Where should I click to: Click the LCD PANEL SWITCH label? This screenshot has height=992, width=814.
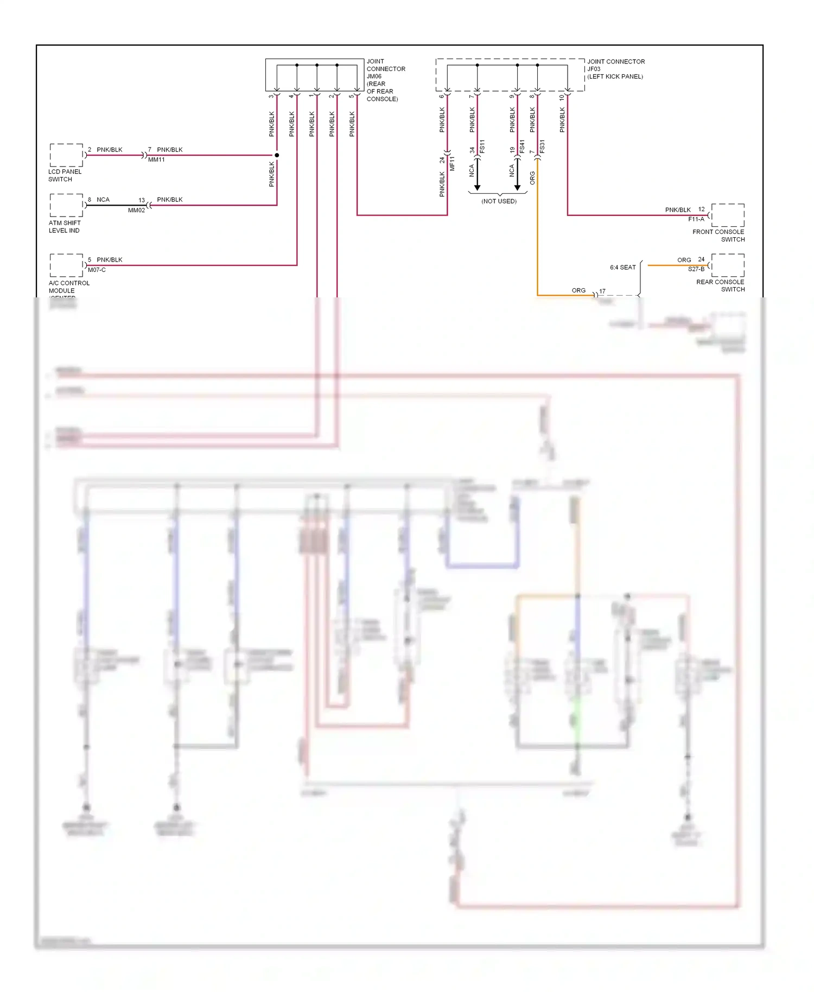pyautogui.click(x=65, y=175)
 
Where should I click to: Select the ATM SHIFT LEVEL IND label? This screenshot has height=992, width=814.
pyautogui.click(x=65, y=226)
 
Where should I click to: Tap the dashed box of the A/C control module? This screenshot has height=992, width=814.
pyautogui.click(x=66, y=265)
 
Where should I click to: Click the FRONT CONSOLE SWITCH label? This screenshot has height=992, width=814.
pyautogui.click(x=718, y=236)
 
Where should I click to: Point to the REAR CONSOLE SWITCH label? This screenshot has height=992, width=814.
pyautogui.click(x=720, y=285)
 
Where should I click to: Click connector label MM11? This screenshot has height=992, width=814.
pyautogui.click(x=156, y=160)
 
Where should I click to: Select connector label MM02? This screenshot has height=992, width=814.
pyautogui.click(x=136, y=210)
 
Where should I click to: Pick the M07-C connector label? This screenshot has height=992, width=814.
pyautogui.click(x=97, y=270)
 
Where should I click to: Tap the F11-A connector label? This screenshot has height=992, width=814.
pyautogui.click(x=696, y=219)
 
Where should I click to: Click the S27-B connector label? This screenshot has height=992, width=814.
pyautogui.click(x=696, y=269)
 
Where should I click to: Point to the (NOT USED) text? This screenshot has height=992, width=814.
pyautogui.click(x=499, y=201)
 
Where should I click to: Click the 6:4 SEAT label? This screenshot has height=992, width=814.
pyautogui.click(x=622, y=268)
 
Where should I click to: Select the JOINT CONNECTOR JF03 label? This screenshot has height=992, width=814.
pyautogui.click(x=615, y=69)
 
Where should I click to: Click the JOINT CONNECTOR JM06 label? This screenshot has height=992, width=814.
pyautogui.click(x=385, y=80)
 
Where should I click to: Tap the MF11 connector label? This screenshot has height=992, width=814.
pyautogui.click(x=452, y=163)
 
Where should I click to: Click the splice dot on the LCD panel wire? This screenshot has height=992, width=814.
pyautogui.click(x=277, y=155)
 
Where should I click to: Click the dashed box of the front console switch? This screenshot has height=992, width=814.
pyautogui.click(x=728, y=215)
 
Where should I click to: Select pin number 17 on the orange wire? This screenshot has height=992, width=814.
pyautogui.click(x=602, y=291)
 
